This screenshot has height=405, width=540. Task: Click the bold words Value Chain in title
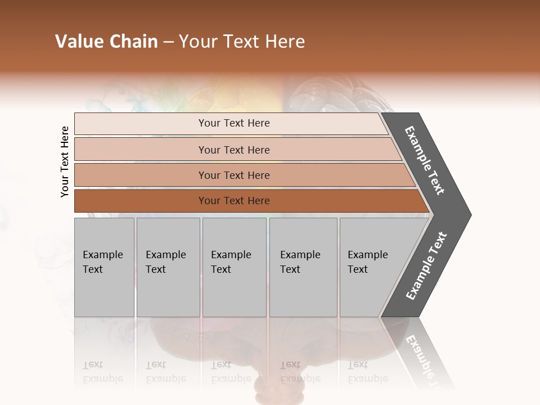point(106,42)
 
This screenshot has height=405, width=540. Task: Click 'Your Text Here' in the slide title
point(242,42)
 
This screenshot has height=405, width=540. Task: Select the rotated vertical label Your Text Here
point(65,161)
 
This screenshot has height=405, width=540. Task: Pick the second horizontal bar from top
point(233,150)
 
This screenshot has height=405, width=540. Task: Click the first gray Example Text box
point(104,267)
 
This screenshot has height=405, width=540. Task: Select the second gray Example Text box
point(168,267)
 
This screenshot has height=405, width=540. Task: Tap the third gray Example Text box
point(234,267)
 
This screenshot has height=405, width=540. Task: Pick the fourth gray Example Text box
point(303,267)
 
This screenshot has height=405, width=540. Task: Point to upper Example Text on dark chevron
point(425,160)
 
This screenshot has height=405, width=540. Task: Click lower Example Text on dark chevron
point(426,266)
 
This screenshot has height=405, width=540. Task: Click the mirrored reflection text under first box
point(102,372)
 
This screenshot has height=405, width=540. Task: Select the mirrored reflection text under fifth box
point(367,372)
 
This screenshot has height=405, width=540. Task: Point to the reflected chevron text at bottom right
point(426,360)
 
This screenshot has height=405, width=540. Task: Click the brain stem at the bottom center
point(269,388)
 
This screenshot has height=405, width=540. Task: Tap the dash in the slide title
point(168,42)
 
